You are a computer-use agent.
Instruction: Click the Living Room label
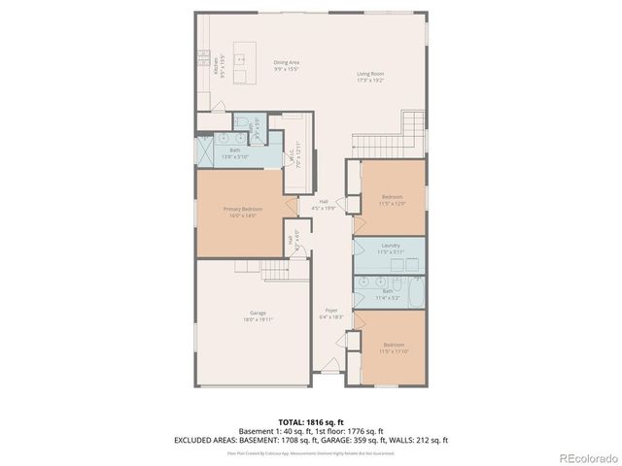click(x=370, y=76)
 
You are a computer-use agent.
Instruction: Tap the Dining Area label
click(x=286, y=66)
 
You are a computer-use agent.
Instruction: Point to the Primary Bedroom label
click(x=244, y=212)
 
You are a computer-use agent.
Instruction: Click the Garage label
click(x=259, y=315)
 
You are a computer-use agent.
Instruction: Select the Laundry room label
click(x=391, y=249)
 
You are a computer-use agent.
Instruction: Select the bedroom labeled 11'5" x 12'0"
click(x=392, y=199)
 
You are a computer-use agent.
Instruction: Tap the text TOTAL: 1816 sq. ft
click(x=310, y=421)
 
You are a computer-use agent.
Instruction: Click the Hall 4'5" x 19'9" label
click(x=323, y=204)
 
